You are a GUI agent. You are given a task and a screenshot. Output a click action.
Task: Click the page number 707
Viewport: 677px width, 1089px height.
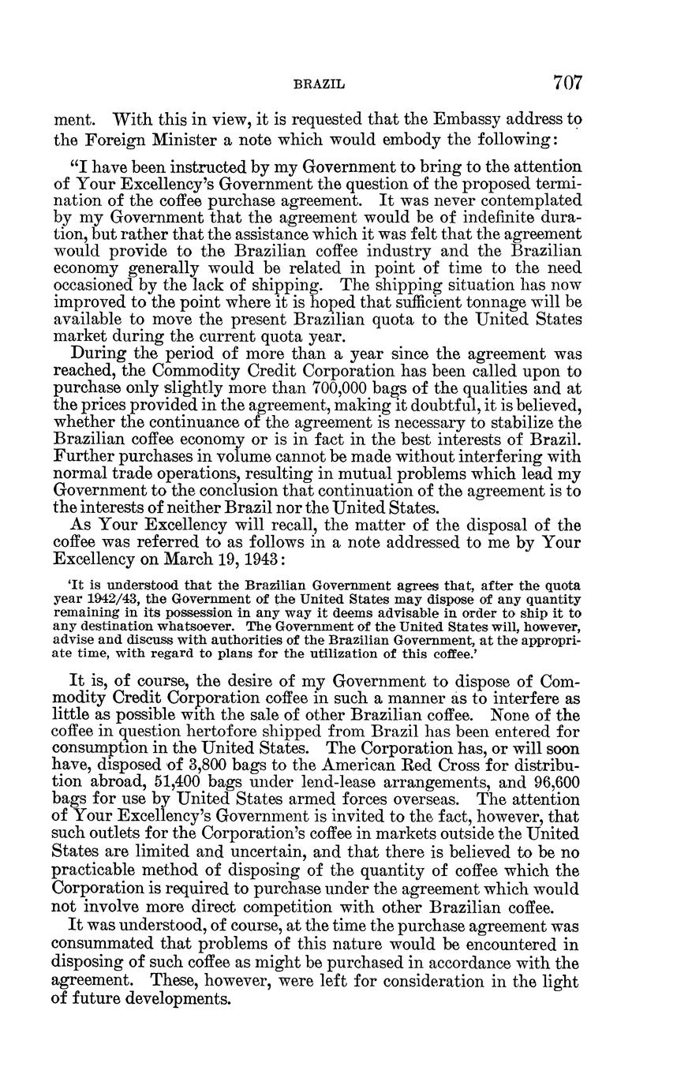point(567,82)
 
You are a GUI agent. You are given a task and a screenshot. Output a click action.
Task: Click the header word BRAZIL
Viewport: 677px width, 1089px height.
point(320,83)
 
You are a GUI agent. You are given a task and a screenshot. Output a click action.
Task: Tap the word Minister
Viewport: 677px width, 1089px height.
point(189,140)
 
